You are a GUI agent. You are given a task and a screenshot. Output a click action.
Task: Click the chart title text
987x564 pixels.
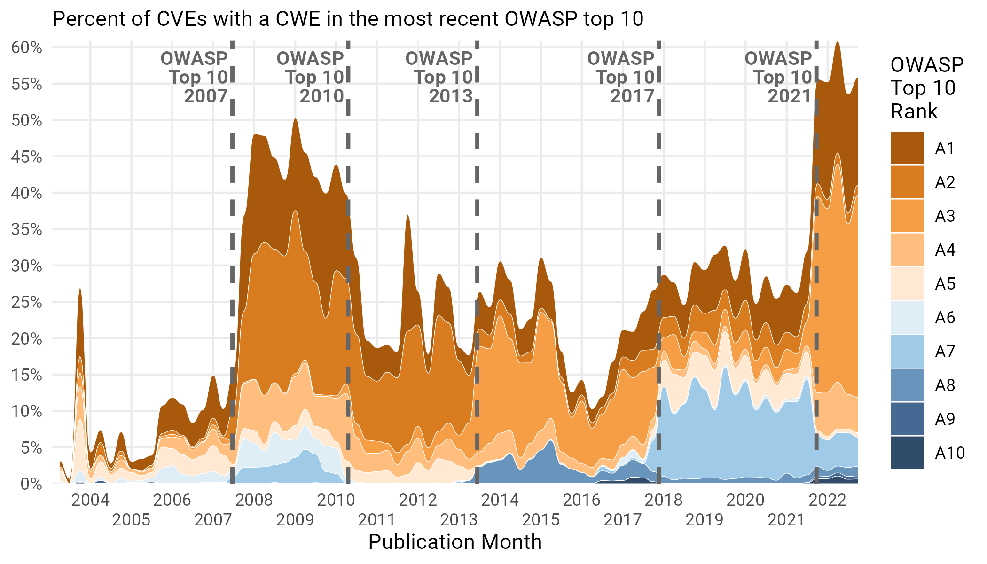[348, 19]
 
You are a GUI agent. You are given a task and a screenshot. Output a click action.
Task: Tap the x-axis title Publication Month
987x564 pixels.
[455, 542]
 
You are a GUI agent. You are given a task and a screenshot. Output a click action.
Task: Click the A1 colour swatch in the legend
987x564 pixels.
[907, 149]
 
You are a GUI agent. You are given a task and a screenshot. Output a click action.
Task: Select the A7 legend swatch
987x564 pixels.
[907, 352]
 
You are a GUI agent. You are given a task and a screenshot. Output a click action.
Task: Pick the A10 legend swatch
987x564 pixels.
[907, 453]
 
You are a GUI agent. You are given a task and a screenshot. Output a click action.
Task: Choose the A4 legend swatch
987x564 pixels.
[907, 250]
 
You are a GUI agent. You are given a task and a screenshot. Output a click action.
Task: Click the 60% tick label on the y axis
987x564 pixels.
[27, 47]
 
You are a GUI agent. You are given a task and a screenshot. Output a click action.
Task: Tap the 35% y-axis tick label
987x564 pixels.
[27, 229]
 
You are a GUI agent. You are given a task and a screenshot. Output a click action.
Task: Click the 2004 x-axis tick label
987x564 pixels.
[90, 500]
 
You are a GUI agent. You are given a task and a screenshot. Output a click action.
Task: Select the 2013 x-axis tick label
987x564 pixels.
[459, 520]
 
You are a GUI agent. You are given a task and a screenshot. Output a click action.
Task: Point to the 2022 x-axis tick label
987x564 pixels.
[827, 500]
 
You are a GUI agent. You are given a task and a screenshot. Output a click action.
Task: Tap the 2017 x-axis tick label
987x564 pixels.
[622, 520]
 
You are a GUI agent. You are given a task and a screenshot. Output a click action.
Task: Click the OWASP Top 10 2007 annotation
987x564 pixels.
[195, 78]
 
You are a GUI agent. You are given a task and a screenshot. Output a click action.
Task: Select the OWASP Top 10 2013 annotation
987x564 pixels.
[439, 78]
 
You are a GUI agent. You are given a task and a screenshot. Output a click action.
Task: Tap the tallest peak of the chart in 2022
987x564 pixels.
[837, 43]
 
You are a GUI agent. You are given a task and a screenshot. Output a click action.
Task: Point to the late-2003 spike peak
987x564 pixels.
[80, 288]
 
